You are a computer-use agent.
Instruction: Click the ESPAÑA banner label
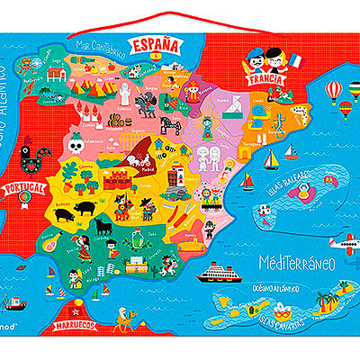tap(156, 43)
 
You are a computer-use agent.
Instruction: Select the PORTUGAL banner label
tap(24, 188)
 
